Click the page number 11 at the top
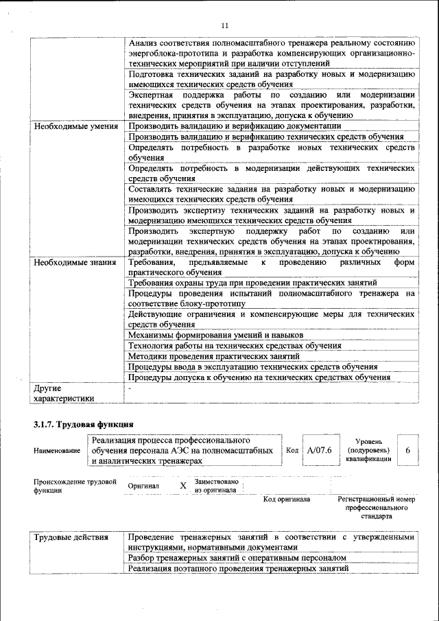tap(224, 25)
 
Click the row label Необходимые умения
tap(75, 126)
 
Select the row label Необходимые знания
tap(75, 262)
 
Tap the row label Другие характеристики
tap(64, 392)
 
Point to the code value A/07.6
tap(320, 450)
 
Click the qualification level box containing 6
tap(407, 450)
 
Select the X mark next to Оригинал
tap(182, 486)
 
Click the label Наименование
tap(57, 451)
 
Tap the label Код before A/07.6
tap(292, 451)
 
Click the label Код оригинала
tap(287, 499)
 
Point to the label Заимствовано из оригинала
tap(216, 486)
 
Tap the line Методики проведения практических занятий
tap(214, 356)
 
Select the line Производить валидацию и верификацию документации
tap(235, 126)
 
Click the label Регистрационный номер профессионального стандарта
tap(377, 507)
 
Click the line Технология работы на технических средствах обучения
tap(235, 346)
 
